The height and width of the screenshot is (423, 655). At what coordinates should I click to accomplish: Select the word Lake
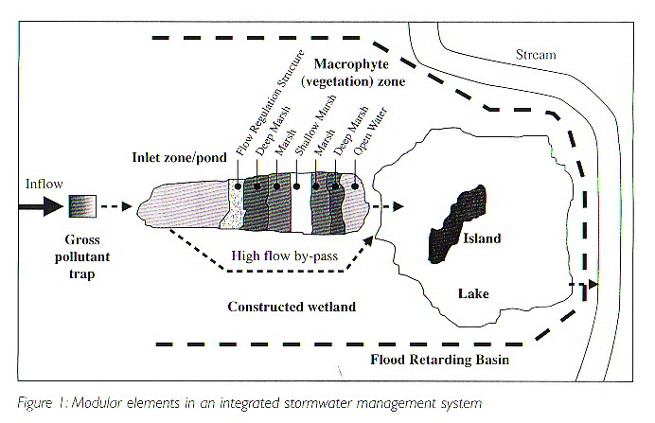coord(472,294)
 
